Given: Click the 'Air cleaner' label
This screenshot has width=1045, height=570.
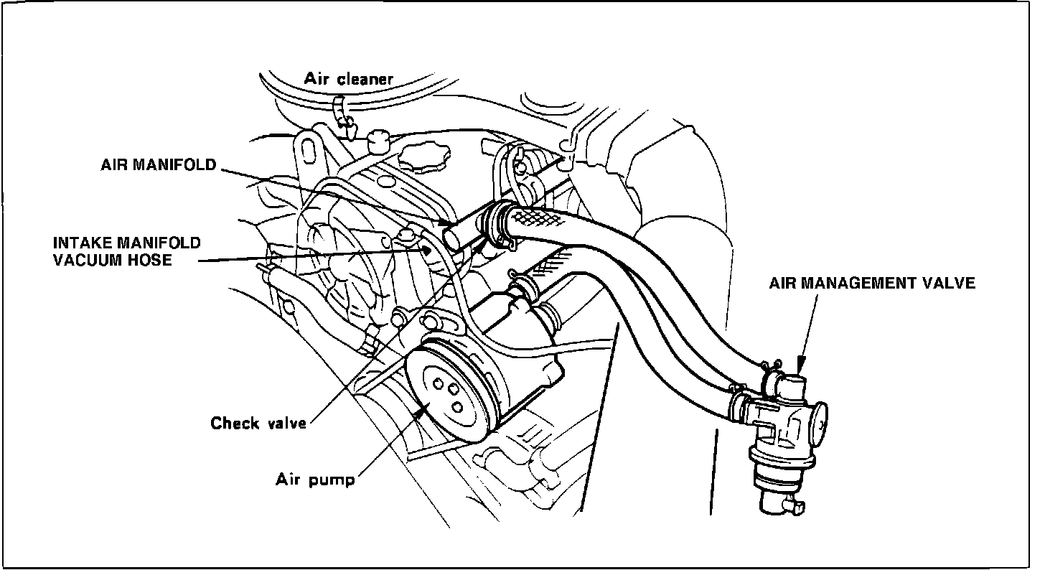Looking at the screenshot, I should coord(349,79).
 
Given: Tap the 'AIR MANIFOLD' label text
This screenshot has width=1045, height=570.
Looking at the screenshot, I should coord(159,164).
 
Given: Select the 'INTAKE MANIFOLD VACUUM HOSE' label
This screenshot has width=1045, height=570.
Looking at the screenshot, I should coord(127,251).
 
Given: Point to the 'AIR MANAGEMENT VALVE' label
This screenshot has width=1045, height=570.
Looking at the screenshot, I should coord(872,284).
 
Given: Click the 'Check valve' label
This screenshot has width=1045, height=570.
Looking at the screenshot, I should coord(258,423).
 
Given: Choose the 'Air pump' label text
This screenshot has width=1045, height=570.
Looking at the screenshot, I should coord(316,479).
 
